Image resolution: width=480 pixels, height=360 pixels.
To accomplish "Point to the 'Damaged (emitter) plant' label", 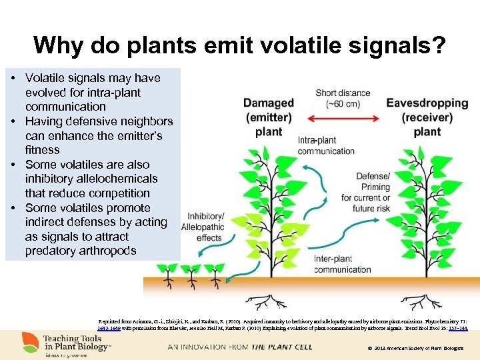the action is pyautogui.click(x=269, y=117).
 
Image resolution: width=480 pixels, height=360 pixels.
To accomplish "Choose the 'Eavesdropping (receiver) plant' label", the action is pyautogui.click(x=427, y=117).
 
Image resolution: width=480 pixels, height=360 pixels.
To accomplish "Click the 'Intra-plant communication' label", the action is pyautogui.click(x=326, y=145).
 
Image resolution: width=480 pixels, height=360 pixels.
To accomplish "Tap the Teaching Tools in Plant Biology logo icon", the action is pyautogui.click(x=30, y=342).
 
